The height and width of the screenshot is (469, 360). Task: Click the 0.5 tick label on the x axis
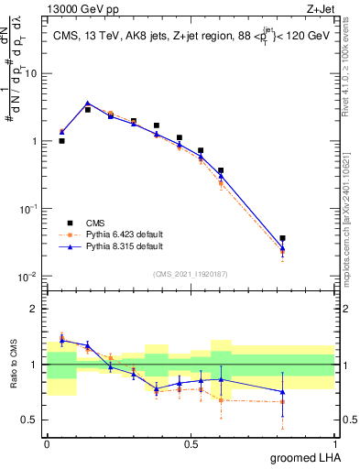pos(191,443)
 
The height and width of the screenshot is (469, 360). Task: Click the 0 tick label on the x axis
pos(47,443)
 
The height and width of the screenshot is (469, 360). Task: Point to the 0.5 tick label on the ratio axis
pos(31,420)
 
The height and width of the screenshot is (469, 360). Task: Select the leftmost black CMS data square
pos(61,141)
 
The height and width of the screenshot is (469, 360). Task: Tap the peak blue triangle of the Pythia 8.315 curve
pos(87,104)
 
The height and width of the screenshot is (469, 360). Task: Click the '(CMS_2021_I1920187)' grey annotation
pos(190,272)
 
